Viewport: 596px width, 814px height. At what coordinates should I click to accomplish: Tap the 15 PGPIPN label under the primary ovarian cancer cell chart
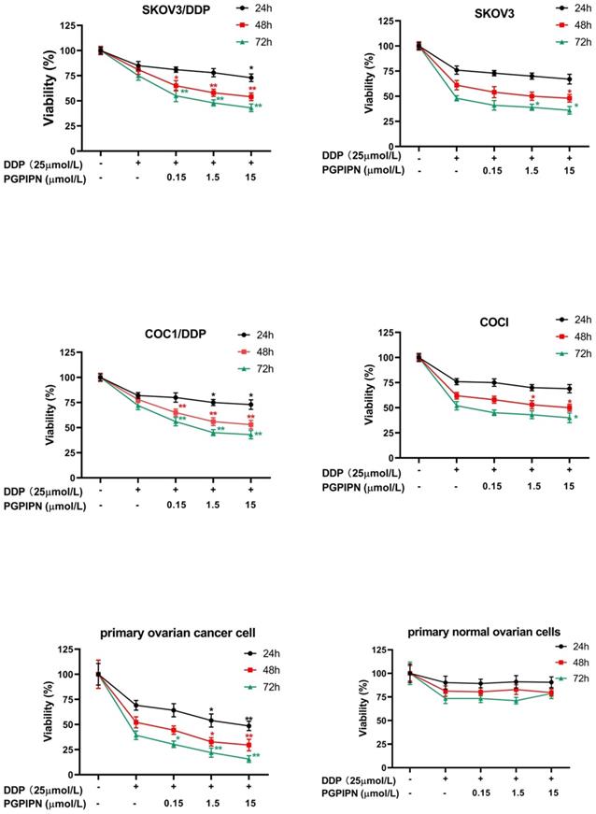pyautogui.click(x=250, y=801)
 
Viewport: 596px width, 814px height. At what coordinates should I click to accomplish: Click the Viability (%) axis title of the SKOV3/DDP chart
pyautogui.click(x=44, y=87)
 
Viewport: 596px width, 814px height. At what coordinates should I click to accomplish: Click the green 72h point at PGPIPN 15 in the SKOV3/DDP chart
pyautogui.click(x=250, y=107)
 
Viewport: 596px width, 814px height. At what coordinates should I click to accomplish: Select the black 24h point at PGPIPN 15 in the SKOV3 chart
pyautogui.click(x=568, y=79)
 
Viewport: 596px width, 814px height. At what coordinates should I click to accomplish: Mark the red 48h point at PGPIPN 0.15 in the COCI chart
pyautogui.click(x=494, y=400)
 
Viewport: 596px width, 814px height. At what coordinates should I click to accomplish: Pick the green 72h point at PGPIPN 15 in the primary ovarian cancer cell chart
pyautogui.click(x=250, y=759)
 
